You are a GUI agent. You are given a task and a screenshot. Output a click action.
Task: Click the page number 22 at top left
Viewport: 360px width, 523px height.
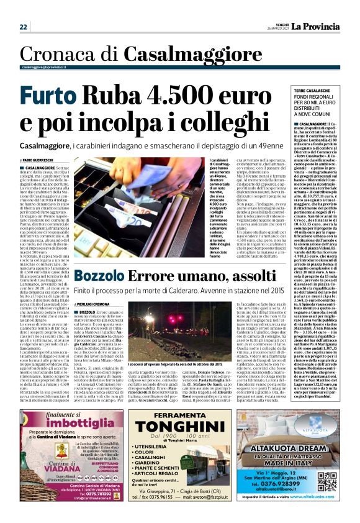[24, 27]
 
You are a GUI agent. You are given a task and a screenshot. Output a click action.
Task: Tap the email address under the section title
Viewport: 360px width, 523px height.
[43, 67]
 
